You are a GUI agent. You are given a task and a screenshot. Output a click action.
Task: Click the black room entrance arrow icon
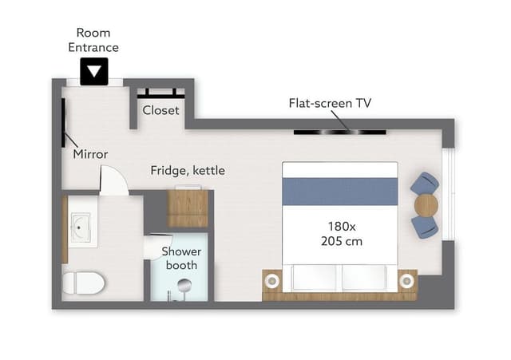94,72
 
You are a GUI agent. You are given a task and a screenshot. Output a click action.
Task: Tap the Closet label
160,110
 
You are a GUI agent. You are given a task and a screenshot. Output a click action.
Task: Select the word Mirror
90,154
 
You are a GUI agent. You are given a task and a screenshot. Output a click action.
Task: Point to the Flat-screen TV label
330,103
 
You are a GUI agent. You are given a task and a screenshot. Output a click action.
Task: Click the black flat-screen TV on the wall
340,133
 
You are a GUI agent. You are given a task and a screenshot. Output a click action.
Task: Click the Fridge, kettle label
188,170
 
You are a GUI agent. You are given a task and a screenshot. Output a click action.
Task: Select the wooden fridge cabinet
188,208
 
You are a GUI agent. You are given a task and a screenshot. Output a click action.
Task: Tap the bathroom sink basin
80,227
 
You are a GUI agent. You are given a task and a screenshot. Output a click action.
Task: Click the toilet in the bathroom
83,283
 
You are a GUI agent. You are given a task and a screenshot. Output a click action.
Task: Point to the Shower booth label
181,259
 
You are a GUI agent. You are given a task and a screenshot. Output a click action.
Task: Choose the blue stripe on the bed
340,192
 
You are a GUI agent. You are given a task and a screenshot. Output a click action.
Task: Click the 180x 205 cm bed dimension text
342,234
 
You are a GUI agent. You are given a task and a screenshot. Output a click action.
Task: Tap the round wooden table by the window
426,205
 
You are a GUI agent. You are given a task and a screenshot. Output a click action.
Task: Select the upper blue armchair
425,184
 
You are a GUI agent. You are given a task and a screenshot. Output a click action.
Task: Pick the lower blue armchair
425,227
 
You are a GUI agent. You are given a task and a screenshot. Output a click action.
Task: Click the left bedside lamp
272,280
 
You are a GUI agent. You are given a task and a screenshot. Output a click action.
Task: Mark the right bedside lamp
406,280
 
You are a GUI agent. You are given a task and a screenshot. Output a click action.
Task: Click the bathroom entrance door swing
113,180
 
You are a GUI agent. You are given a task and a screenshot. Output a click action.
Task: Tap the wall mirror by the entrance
63,122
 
